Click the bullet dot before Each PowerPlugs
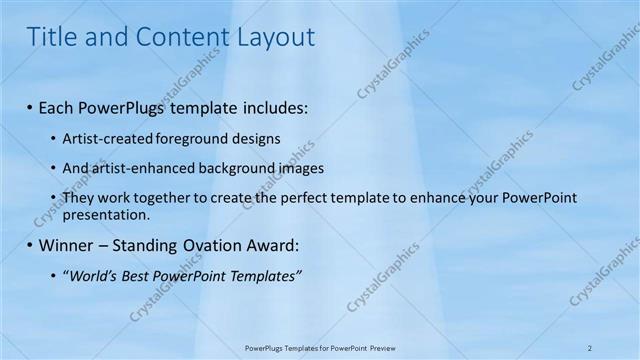click(x=30, y=106)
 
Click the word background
click(x=240, y=168)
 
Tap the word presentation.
click(x=105, y=214)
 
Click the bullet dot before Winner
click(x=30, y=245)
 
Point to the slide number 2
click(x=590, y=347)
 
